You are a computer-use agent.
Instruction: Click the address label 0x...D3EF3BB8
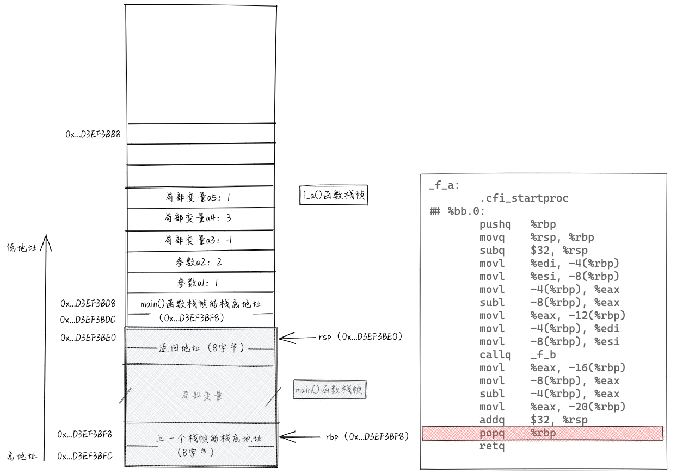(x=93, y=134)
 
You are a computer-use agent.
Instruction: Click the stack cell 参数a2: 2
(x=199, y=261)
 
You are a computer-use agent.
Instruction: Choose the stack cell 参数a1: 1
(x=199, y=283)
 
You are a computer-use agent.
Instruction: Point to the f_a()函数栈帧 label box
(x=334, y=196)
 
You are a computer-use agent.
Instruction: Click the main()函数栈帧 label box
(x=330, y=390)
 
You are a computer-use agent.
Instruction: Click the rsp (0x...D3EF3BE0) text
(x=360, y=337)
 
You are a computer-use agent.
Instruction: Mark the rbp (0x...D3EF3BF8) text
(x=367, y=436)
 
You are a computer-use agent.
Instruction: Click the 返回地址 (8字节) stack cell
(x=201, y=347)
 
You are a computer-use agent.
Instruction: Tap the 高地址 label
(x=22, y=456)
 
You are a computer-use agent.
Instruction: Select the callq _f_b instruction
(x=518, y=355)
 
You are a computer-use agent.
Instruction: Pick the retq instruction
(x=492, y=446)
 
